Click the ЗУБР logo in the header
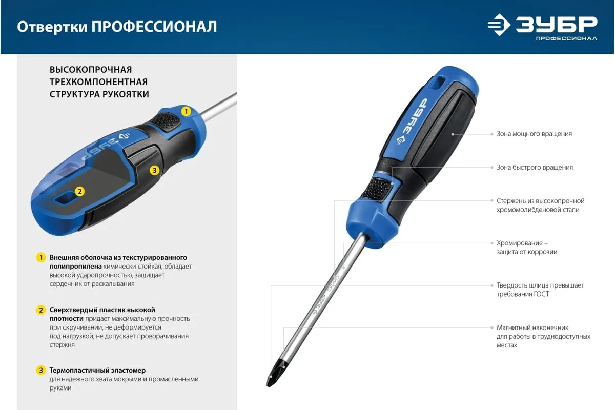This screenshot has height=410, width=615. coord(542,27)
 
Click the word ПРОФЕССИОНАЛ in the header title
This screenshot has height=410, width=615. coord(154,27)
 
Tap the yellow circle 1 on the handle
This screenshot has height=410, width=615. coord(186,111)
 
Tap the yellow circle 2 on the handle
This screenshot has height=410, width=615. coord(79,191)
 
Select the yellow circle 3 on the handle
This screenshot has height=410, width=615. coord(155,170)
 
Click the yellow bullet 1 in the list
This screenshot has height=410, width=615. coord(41,258)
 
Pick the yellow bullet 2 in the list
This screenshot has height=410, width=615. coord(41,310)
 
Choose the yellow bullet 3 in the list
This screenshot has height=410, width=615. coord(41,370)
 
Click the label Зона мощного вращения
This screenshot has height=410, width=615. coord(534,134)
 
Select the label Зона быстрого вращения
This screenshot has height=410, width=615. coord(535,168)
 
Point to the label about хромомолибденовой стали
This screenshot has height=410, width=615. coord(540,205)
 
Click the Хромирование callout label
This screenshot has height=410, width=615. coord(527,248)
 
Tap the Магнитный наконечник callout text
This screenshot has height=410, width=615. coord(543,336)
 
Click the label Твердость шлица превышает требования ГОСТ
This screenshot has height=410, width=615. coord(540,290)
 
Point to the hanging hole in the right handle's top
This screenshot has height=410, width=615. coord(439,83)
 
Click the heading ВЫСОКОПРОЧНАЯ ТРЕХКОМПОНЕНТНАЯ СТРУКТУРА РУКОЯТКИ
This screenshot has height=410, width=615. coord(99,82)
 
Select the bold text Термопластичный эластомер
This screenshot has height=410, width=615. coord(97,370)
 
